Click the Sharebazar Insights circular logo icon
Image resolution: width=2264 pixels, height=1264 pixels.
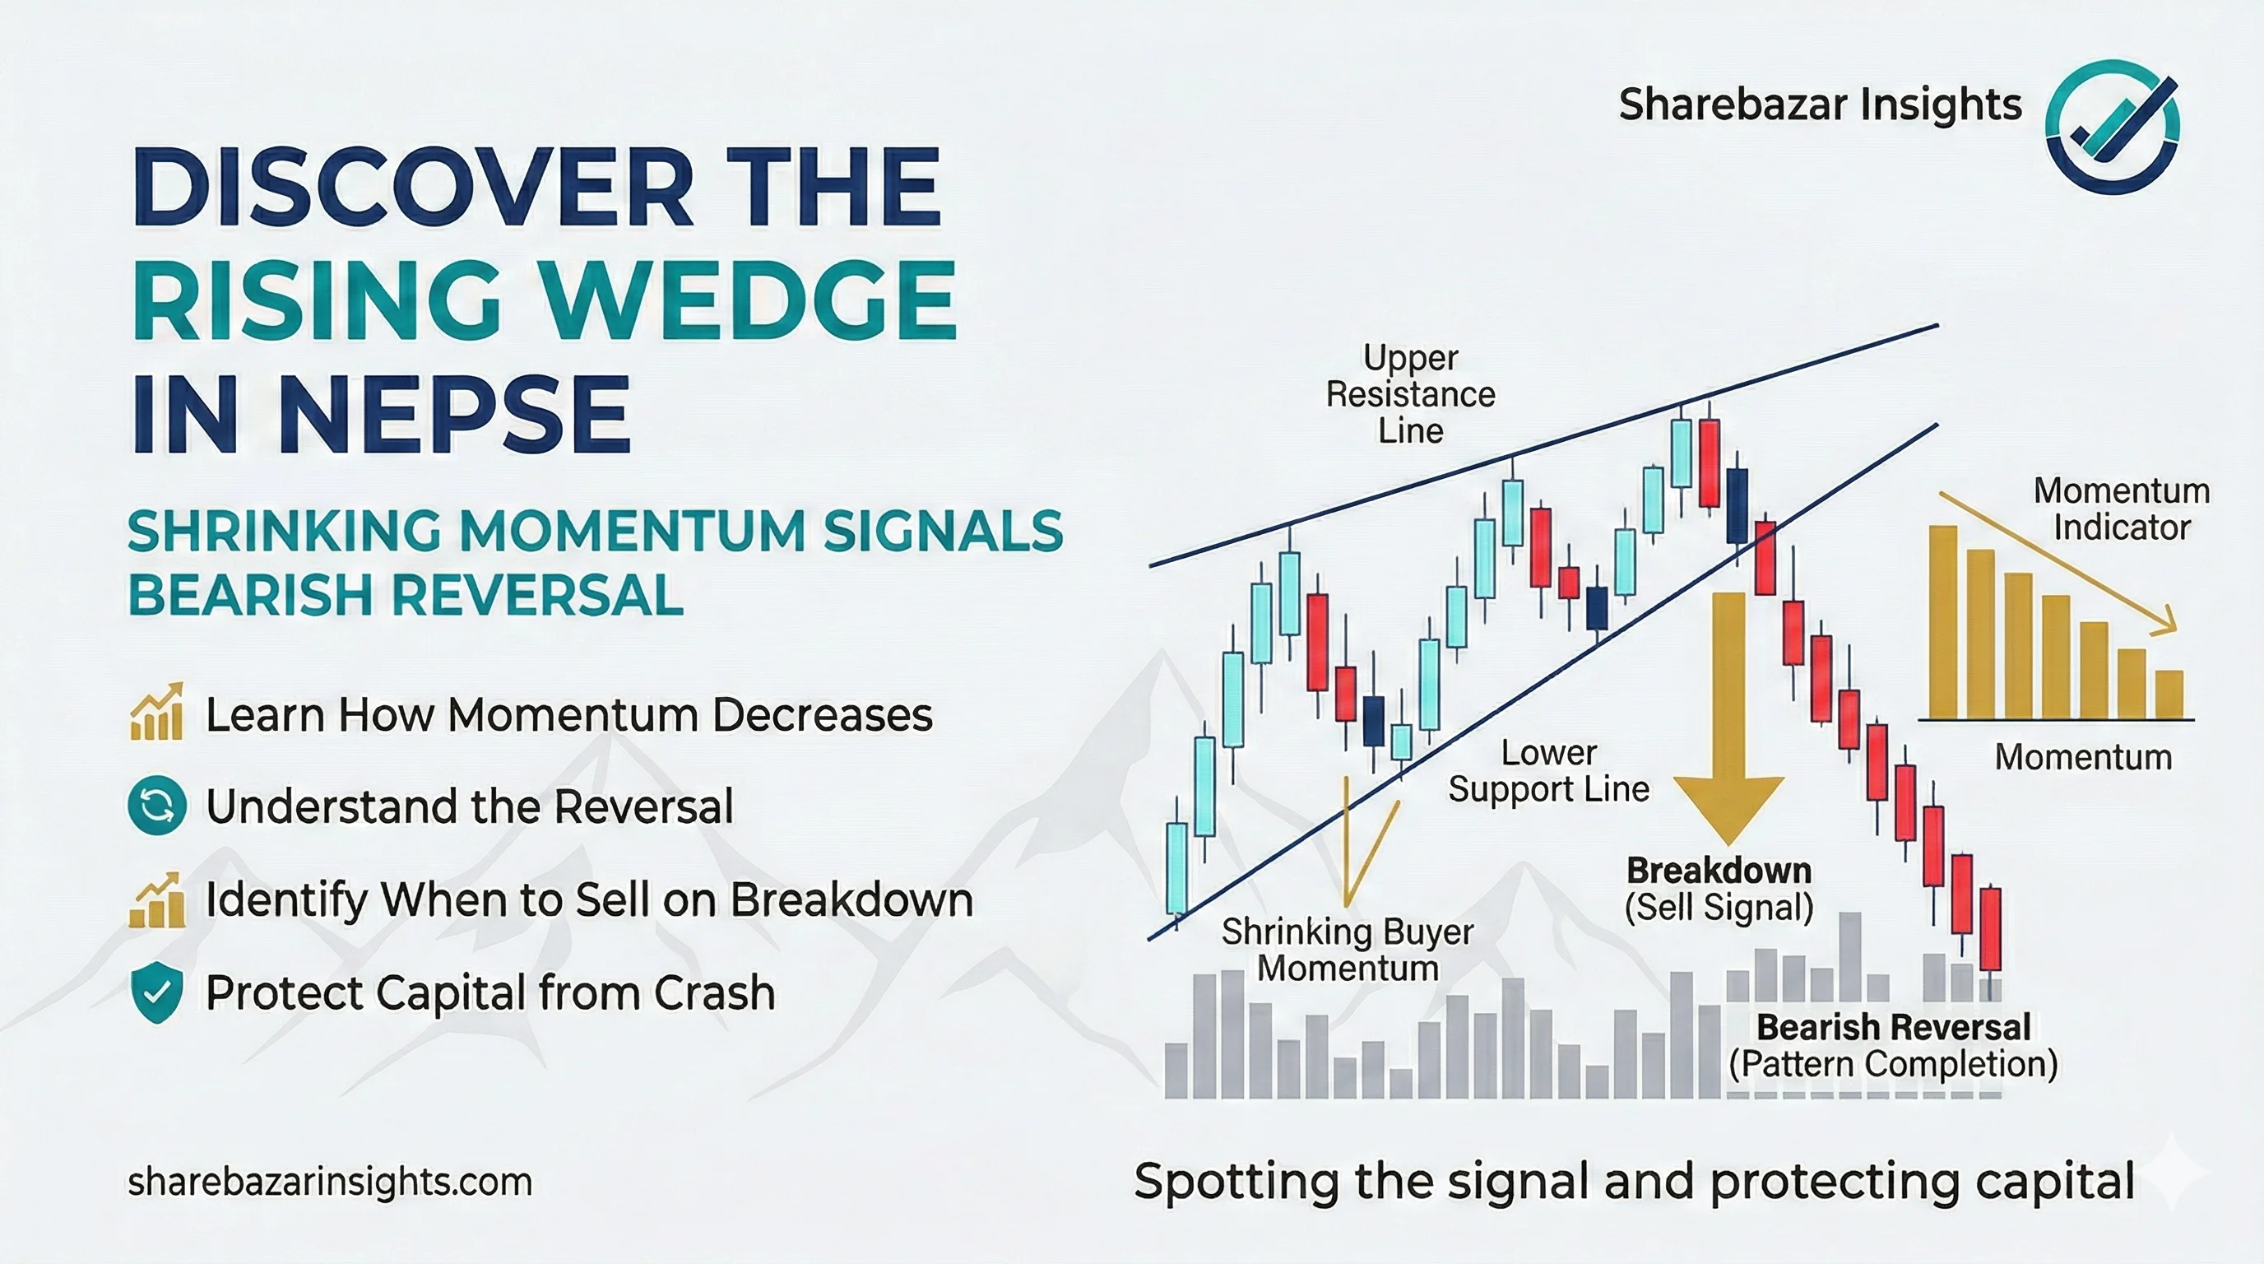pos(2112,126)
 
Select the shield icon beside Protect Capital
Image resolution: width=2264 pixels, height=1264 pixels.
pos(156,992)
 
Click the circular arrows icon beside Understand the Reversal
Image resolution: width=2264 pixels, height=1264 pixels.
pos(156,805)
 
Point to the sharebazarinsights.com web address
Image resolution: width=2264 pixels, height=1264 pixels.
pos(330,1182)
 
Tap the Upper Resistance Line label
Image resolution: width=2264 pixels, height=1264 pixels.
pos(1411,394)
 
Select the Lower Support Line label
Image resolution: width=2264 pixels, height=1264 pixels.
pos(1548,771)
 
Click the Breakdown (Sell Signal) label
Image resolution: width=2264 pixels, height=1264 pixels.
pos(1719,889)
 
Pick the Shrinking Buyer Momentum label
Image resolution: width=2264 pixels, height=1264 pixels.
pos(1348,950)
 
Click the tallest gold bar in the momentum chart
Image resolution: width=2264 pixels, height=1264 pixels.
pos(1943,622)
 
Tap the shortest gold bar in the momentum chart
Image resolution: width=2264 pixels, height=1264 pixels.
pos(2170,695)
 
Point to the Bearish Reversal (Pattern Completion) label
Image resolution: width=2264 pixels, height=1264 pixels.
pos(1893,1045)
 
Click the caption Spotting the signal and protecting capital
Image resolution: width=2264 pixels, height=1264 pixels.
pos(1635,1181)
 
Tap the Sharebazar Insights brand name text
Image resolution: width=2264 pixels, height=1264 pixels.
pos(1820,105)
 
